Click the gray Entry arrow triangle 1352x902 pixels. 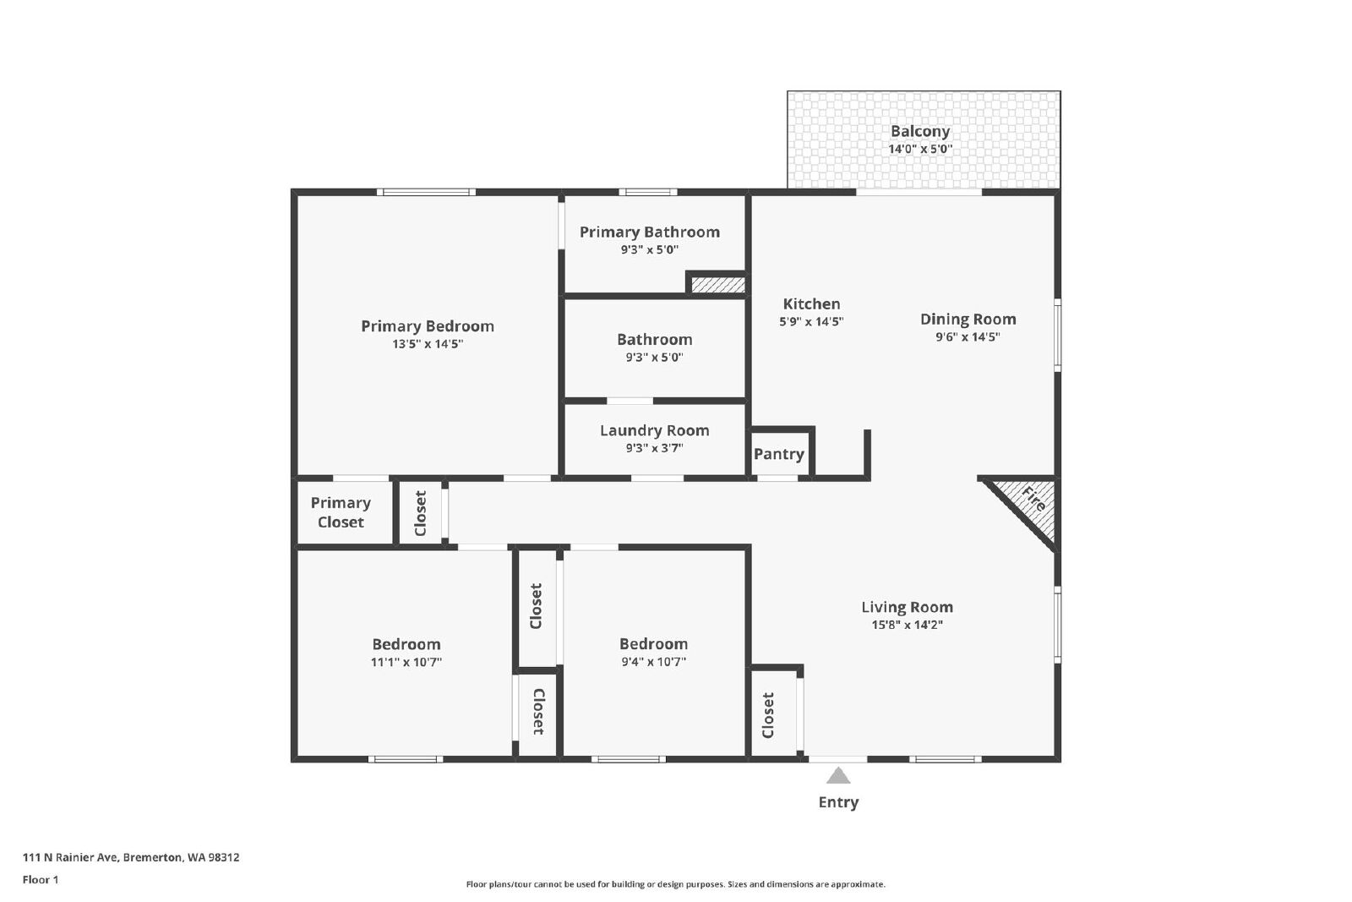pos(838,775)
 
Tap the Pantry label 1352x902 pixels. pos(778,454)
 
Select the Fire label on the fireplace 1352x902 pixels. pos(1033,499)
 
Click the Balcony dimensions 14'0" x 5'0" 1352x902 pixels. pos(920,149)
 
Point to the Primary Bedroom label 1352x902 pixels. pos(428,326)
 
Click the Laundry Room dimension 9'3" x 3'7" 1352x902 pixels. pos(654,448)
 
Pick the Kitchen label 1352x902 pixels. pos(811,303)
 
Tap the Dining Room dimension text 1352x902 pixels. pos(968,337)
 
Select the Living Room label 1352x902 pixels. pos(907,607)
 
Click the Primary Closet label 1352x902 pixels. pos(341,512)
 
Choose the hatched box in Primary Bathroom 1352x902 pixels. pos(717,284)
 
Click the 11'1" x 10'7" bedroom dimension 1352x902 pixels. pos(406,662)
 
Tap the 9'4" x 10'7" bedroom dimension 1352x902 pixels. pos(654,662)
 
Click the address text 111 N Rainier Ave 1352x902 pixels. pos(70,857)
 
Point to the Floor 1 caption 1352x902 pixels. pos(41,880)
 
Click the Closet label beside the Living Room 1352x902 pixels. pos(768,715)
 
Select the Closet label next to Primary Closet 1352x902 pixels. pos(421,513)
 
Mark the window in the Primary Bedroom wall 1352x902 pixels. pos(426,193)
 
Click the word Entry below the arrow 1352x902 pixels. pos(838,801)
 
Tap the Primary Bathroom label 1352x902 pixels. pos(650,232)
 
